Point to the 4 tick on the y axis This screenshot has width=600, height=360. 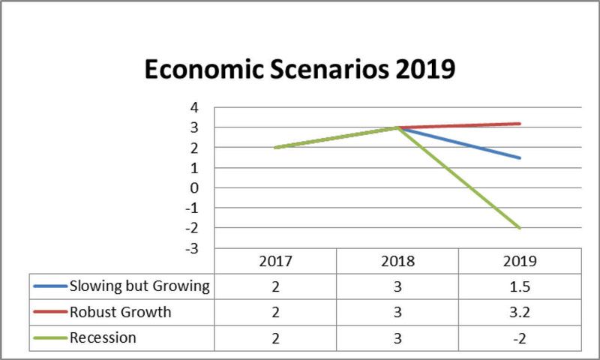coord(193,108)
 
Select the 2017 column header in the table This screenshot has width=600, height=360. coord(275,262)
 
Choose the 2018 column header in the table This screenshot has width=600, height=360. coord(397,262)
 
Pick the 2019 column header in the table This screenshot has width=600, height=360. coord(520,262)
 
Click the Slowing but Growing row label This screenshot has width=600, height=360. coord(139,286)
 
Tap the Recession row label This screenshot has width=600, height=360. coord(103,337)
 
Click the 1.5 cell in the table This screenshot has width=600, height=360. coord(520,286)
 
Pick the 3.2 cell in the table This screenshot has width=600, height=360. coord(520,312)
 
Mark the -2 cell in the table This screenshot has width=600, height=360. coord(520,337)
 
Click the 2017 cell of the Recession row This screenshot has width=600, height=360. coord(275,337)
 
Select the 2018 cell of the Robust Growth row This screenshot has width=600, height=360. coord(397,312)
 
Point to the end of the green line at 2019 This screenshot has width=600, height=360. coord(520,228)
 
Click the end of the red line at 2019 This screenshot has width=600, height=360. coord(520,124)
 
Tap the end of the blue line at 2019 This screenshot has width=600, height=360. coord(520,157)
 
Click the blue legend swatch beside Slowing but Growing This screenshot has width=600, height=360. coord(50,286)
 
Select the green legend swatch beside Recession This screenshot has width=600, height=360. coord(50,337)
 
